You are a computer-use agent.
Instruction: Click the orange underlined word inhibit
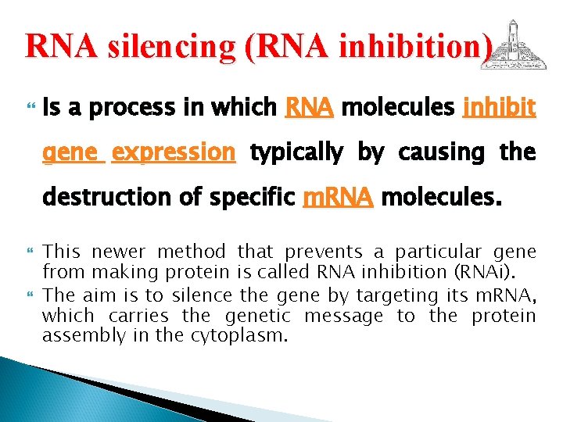pos(499,106)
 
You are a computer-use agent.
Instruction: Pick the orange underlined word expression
pos(174,152)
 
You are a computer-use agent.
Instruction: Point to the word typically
pos(296,152)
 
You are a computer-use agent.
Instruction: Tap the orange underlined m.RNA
pos(338,197)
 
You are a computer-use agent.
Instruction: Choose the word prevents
pos(324,252)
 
